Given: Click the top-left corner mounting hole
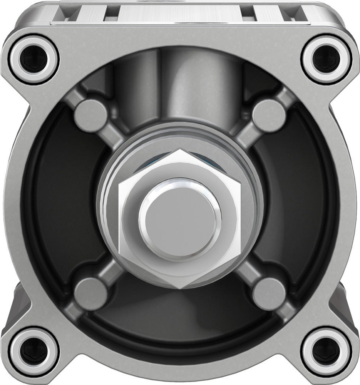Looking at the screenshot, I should point(34,59).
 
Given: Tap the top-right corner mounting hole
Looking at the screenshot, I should point(326,59).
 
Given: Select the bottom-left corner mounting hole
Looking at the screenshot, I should point(34,351).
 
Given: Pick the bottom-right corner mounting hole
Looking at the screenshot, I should point(326,351).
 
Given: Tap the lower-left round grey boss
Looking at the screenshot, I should point(91,294).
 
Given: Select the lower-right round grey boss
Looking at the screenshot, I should point(269,294).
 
